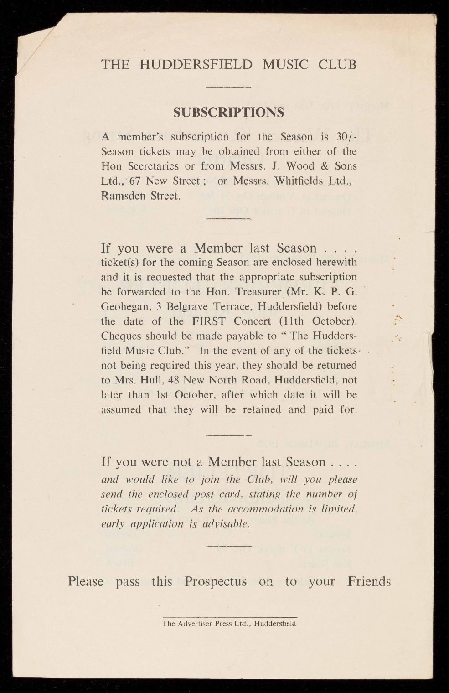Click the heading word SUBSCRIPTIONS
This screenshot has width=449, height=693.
point(229,112)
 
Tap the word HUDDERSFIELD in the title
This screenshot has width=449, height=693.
point(196,64)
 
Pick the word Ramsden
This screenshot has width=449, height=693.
point(122,196)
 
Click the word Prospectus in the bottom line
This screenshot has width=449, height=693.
point(216,582)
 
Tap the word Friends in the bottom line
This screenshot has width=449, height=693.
point(369,582)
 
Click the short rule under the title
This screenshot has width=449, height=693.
point(229,87)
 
